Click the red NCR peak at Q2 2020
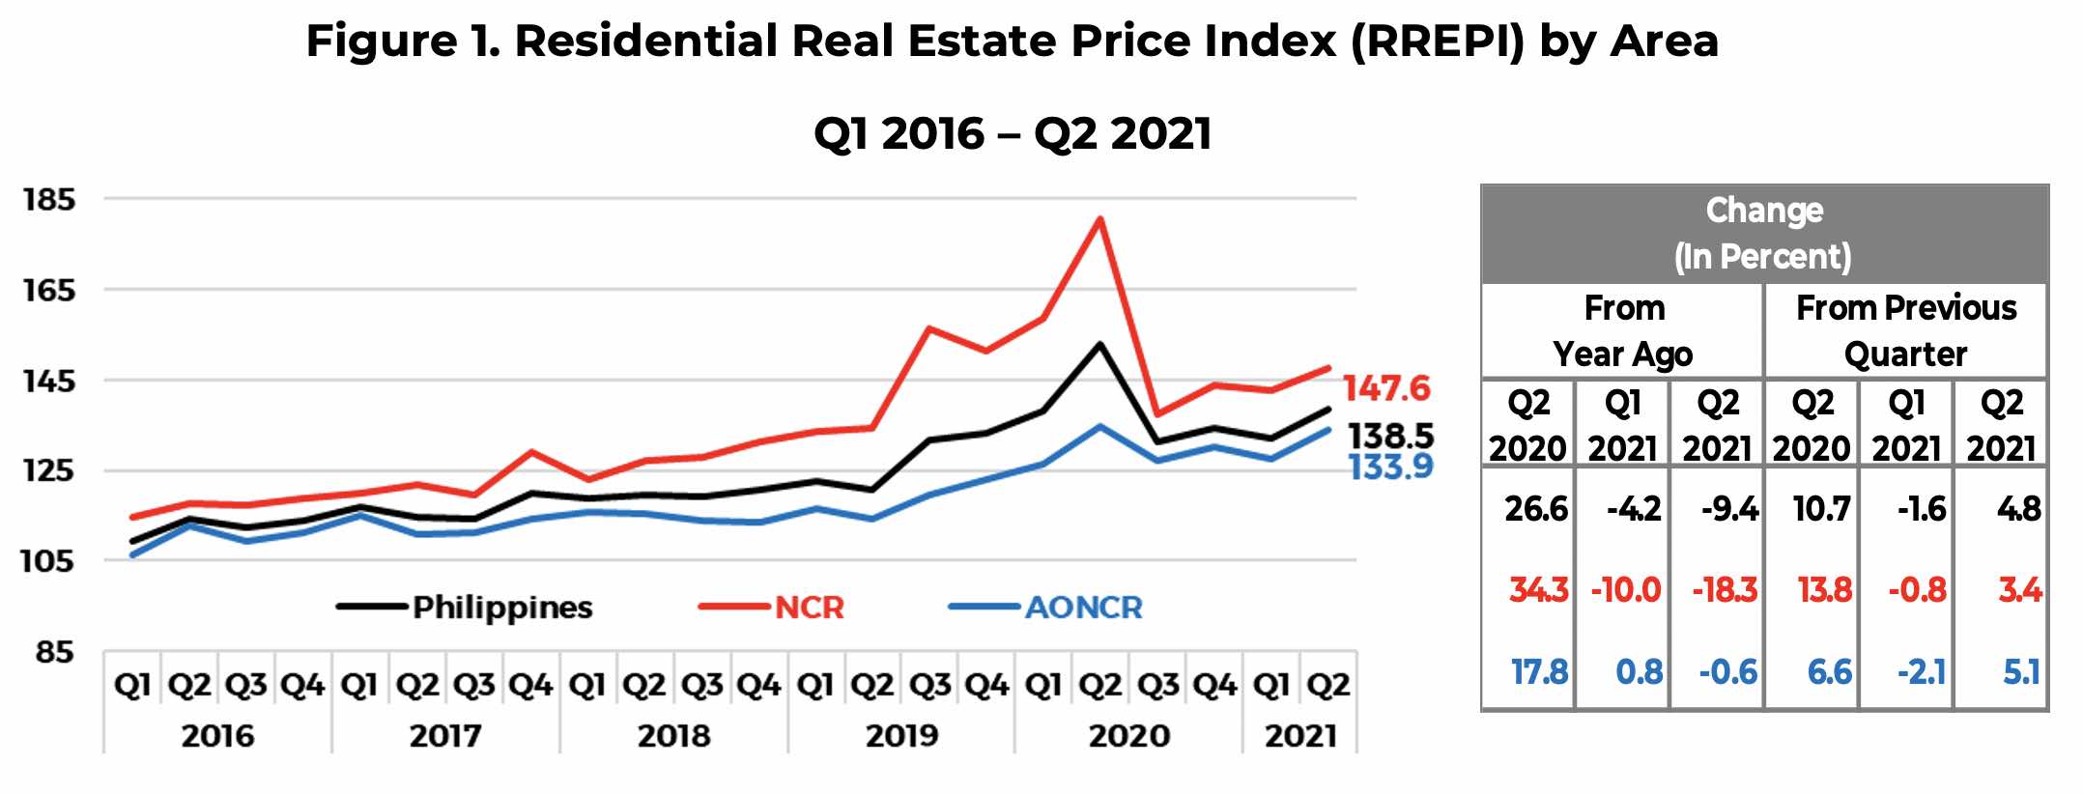[x=1099, y=219]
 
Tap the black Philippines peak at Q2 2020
[x=1099, y=345]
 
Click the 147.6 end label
[x=1385, y=388]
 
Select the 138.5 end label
[x=1390, y=436]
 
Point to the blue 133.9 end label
[x=1390, y=468]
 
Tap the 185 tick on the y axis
[x=48, y=200]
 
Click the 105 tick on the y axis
[x=48, y=561]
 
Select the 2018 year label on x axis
[x=673, y=736]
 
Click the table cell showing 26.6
[x=1535, y=509]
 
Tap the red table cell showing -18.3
[x=1724, y=590]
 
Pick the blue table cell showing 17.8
[x=1539, y=672]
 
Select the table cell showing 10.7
[x=1821, y=509]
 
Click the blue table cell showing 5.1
[x=2020, y=672]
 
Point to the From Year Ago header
[x=1623, y=330]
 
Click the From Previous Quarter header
[x=1905, y=330]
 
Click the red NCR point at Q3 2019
[x=928, y=328]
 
